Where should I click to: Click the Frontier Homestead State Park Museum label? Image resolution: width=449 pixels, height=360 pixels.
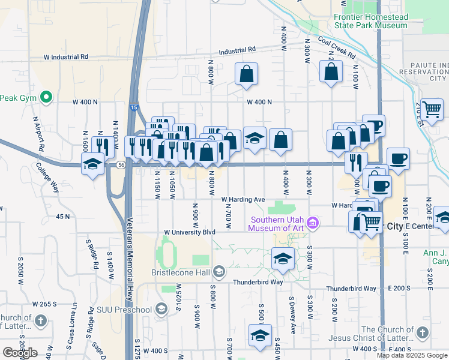370,22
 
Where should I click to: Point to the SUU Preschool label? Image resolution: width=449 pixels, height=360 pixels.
124,310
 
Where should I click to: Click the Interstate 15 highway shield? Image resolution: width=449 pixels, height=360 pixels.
133,107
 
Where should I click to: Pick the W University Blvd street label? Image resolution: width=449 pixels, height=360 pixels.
190,232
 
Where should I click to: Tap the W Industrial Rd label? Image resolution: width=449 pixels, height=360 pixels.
66,56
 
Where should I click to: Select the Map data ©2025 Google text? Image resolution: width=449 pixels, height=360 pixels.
411,355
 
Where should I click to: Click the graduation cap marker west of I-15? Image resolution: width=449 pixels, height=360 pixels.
93,165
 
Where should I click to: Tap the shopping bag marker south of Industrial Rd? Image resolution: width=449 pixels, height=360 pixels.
246,76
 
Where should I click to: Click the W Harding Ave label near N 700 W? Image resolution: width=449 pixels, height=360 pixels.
243,199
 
